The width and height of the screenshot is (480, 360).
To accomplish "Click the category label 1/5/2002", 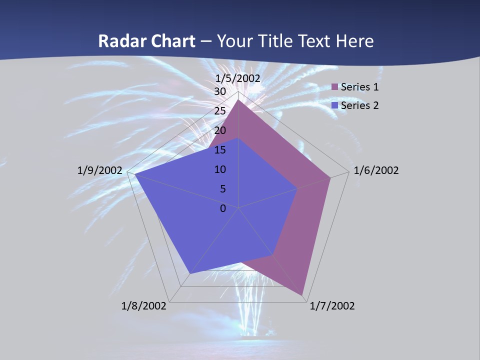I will tap(238, 78).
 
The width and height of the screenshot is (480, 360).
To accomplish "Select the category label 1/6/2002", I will tap(376, 170).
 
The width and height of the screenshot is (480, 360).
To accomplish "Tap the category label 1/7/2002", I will tap(332, 306).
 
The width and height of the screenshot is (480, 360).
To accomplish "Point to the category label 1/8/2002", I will tap(143, 306).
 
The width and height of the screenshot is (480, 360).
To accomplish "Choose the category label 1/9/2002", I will tap(99, 170).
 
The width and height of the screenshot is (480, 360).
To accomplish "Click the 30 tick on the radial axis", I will tap(219, 91).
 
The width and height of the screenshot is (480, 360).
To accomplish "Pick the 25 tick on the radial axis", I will tap(219, 111).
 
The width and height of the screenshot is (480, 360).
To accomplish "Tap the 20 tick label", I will tap(219, 130).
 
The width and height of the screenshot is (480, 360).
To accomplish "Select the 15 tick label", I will tap(219, 150).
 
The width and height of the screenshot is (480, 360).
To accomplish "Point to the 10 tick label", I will tap(219, 169).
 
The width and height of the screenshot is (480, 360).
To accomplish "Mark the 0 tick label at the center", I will tap(223, 208).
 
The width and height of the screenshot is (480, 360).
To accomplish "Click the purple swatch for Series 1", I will tap(334, 87).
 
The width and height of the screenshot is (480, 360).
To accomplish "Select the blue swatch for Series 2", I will tap(334, 105).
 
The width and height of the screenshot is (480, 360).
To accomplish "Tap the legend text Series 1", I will tap(359, 87).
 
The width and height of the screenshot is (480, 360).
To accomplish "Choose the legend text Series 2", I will tap(359, 105).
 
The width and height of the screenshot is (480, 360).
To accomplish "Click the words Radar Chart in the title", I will tap(146, 41).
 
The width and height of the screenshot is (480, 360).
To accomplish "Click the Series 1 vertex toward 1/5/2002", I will tap(238, 100).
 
